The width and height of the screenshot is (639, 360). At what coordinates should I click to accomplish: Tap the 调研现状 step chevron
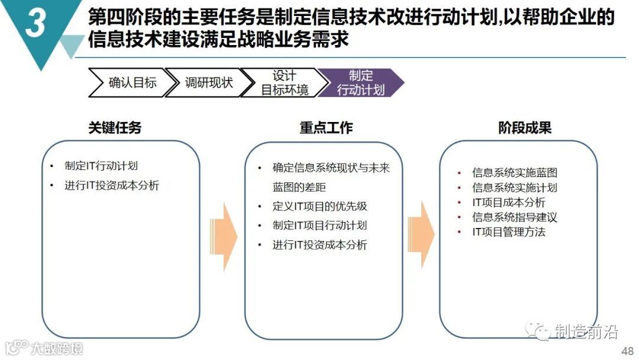click(208, 83)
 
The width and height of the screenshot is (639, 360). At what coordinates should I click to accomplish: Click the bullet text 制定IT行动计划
click(101, 166)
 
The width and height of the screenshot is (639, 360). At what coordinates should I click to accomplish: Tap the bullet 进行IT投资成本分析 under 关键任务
click(112, 185)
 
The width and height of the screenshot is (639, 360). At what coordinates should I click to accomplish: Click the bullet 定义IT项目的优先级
click(319, 207)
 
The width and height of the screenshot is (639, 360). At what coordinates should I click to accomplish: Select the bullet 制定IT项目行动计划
click(319, 226)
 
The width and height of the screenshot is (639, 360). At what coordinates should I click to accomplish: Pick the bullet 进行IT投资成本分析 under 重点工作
click(319, 245)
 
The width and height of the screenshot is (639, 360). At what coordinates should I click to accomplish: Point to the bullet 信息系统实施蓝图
click(515, 173)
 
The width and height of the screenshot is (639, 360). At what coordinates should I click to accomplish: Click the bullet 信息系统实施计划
click(515, 188)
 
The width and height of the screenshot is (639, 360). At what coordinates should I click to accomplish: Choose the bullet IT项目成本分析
click(509, 202)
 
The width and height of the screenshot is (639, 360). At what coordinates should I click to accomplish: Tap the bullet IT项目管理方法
click(509, 232)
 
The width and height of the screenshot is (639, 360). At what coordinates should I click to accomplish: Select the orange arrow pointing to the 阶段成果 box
click(421, 236)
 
